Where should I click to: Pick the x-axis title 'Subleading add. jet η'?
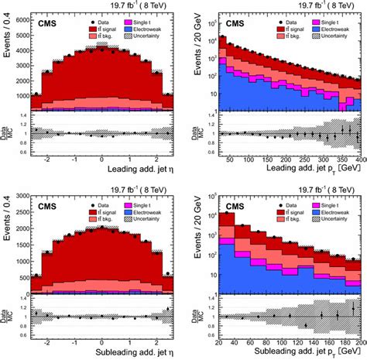click(x=105, y=353)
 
